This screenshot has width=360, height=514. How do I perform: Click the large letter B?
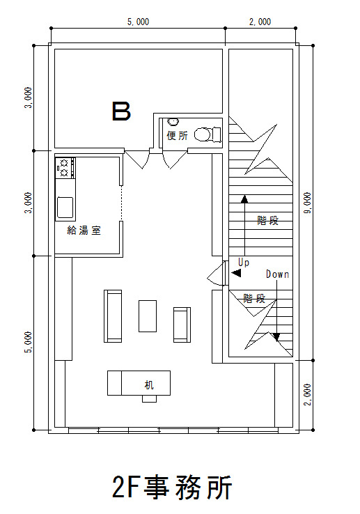[x=121, y=111]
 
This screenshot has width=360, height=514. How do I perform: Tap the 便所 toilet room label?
[x=178, y=135]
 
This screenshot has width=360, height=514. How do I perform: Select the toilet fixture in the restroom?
[x=208, y=134]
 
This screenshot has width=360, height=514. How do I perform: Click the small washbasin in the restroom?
[x=173, y=122]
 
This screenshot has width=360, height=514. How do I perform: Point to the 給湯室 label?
[x=84, y=230]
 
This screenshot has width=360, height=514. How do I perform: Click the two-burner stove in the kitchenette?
[x=65, y=168]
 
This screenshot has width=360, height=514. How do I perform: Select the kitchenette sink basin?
[x=65, y=207]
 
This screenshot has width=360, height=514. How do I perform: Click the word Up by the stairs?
[x=244, y=263]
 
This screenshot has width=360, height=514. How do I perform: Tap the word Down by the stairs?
[x=277, y=274]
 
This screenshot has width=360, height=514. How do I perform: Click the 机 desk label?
[x=149, y=384]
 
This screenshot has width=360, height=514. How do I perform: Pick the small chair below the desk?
[x=149, y=398]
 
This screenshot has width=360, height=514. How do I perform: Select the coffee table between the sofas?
[x=148, y=316]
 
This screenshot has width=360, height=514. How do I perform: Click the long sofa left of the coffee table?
[x=113, y=316]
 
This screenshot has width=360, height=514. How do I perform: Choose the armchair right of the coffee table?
[x=182, y=325]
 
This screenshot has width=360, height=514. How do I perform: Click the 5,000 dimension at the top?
[x=138, y=22]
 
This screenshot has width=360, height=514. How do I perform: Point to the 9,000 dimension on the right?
[x=308, y=203]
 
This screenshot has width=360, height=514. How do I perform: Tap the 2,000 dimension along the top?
[x=260, y=22]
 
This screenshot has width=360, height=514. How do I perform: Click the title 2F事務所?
[x=172, y=487]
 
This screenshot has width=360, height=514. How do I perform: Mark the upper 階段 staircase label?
[x=268, y=220]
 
